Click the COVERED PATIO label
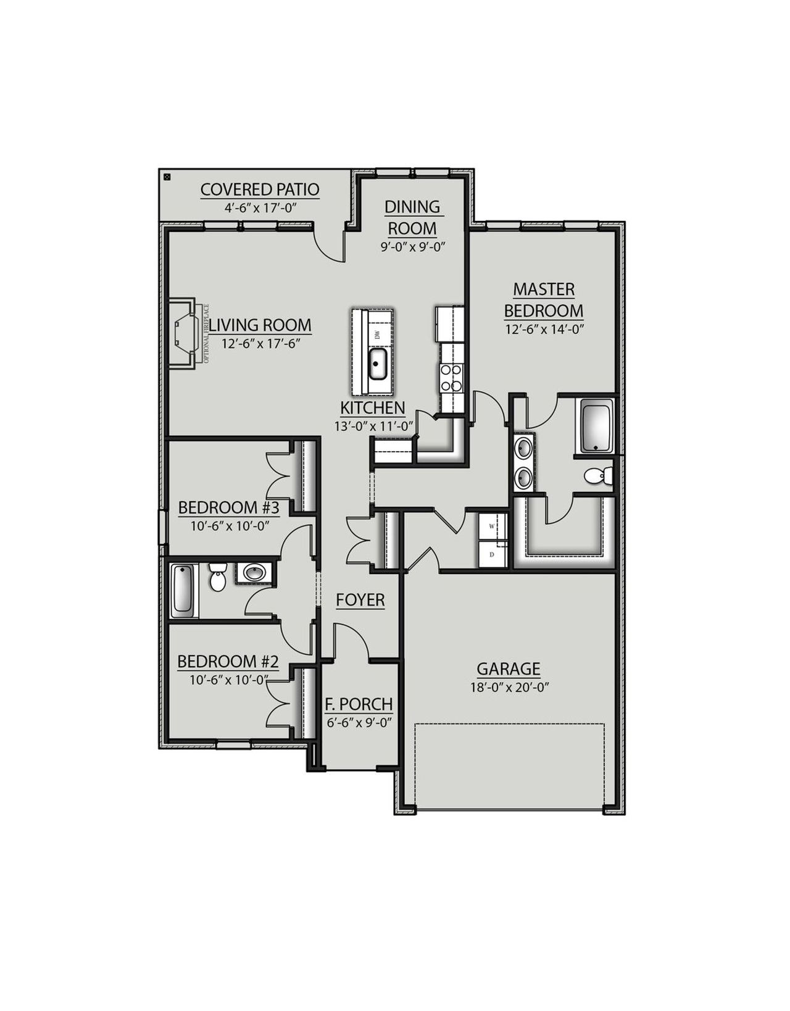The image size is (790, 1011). (x=260, y=189)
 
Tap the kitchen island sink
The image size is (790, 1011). (x=377, y=364)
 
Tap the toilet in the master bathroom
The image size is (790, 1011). (x=596, y=476)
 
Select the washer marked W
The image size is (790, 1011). (x=493, y=526)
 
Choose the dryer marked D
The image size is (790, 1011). (x=493, y=554)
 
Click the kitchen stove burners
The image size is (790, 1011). (x=451, y=378)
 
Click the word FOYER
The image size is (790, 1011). (x=360, y=600)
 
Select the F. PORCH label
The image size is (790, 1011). (x=359, y=704)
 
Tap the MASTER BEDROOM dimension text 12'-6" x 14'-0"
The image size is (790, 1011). (x=544, y=329)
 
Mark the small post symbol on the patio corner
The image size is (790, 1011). (x=167, y=177)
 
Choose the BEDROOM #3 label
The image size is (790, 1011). (x=229, y=508)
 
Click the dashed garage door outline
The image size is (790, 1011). (x=509, y=725)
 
